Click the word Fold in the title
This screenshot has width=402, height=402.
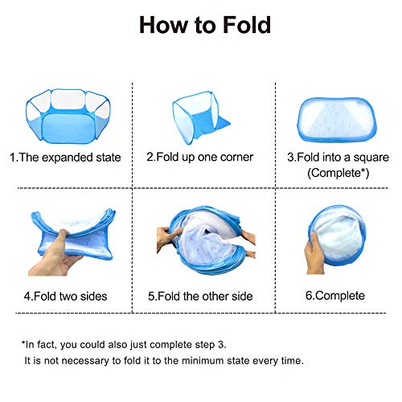pos(247,25)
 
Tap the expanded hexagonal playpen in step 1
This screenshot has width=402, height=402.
pos(68,116)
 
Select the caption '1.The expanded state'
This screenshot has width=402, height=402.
pos(65,158)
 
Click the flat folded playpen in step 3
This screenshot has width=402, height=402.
pos(337,120)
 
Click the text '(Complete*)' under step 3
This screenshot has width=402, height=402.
pos(338,173)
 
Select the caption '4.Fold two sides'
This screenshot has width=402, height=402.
pos(65,297)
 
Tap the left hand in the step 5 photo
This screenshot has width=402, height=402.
pos(167,237)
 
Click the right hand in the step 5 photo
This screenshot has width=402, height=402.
pos(248,243)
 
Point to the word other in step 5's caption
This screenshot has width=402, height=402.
pos(214,297)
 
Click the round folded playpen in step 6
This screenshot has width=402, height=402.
pos(338,236)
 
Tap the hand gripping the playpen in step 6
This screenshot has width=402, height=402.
pos(314,255)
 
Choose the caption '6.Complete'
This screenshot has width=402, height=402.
pos(335,296)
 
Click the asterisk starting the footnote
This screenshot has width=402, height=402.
pos(23,343)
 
